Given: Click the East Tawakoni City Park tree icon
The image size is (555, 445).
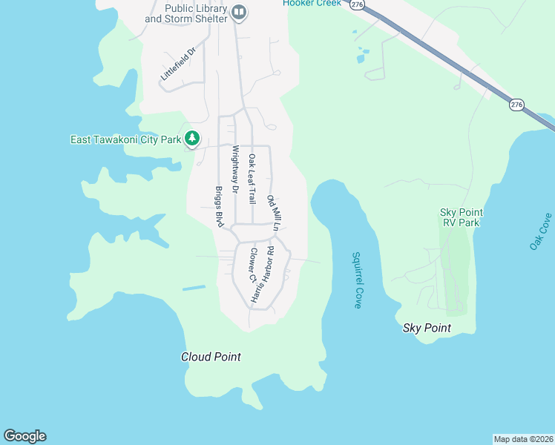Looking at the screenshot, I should pyautogui.click(x=192, y=138).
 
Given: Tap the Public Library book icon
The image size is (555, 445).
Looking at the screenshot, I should pyautogui.click(x=239, y=12).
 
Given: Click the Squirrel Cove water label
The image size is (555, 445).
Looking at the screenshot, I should pyautogui.click(x=356, y=279).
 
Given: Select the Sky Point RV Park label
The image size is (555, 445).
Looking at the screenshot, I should pyautogui.click(x=460, y=217).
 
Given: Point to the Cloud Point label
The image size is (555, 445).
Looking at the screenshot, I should pyautogui.click(x=211, y=357).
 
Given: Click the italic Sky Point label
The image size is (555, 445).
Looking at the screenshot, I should pyautogui.click(x=427, y=328).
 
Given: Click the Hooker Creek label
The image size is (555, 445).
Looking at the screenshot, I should pyautogui.click(x=312, y=3).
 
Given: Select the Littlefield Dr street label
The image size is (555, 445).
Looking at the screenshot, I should pyautogui.click(x=177, y=65).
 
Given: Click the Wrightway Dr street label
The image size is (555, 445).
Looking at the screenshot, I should pyautogui.click(x=234, y=169).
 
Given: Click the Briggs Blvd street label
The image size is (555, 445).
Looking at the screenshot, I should pyautogui.click(x=220, y=206).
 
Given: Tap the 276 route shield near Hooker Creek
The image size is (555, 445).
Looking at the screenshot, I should pyautogui.click(x=358, y=4).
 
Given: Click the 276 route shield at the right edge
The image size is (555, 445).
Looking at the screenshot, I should pyautogui.click(x=516, y=105).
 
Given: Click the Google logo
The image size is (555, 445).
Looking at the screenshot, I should pyautogui.click(x=24, y=436).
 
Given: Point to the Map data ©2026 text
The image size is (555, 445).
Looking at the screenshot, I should pyautogui.click(x=523, y=438).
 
